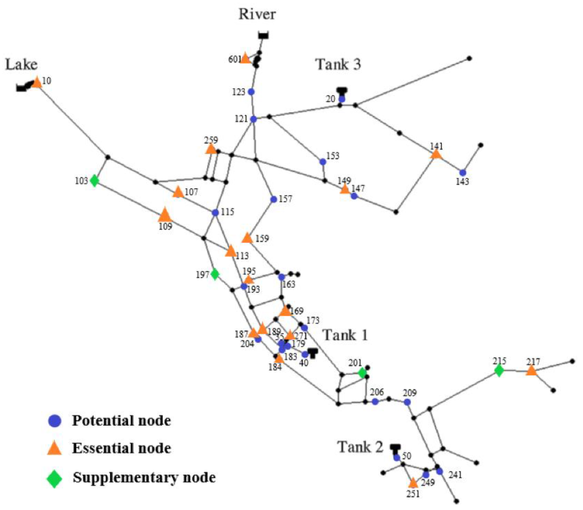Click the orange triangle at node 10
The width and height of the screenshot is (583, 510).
point(37,83)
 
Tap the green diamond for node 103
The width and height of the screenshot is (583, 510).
point(94,181)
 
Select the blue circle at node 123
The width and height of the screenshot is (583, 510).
point(251,92)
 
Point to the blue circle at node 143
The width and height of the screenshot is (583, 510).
point(462,173)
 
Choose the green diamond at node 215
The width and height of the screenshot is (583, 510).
point(499,370)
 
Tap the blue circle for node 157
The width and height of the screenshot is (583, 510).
point(274,199)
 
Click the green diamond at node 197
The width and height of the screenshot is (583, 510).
point(215,274)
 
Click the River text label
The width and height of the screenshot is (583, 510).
point(257,14)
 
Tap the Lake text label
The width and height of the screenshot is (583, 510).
point(21,65)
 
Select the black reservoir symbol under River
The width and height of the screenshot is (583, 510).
point(264,36)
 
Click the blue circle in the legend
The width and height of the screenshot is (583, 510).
point(55,421)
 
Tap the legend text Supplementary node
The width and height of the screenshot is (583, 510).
point(144,477)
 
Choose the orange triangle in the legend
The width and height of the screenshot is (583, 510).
point(54,449)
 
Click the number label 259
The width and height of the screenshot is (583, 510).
point(211,140)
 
